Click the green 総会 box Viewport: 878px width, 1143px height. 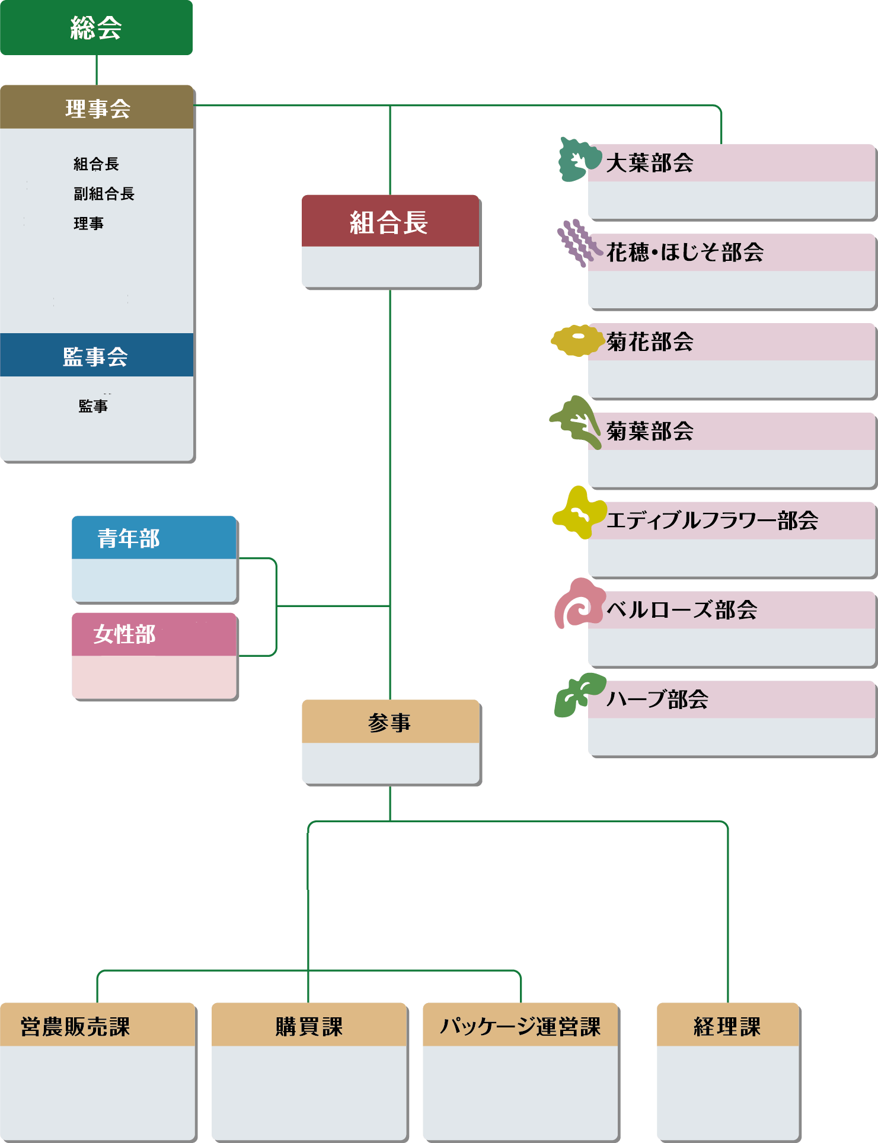pyautogui.click(x=96, y=27)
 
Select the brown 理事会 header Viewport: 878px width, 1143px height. pyautogui.click(x=97, y=108)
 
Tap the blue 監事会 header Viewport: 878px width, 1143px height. pyautogui.click(x=96, y=356)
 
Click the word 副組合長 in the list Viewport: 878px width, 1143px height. pyautogui.click(x=104, y=194)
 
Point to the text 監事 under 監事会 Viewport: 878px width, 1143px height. pyautogui.click(x=93, y=406)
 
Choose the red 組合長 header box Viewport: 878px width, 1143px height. pyautogui.click(x=389, y=222)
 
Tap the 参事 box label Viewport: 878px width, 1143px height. pyautogui.click(x=389, y=722)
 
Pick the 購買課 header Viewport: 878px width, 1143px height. pyautogui.click(x=309, y=1026)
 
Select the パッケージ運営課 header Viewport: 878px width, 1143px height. pyautogui.click(x=521, y=1026)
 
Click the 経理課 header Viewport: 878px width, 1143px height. pyautogui.click(x=727, y=1026)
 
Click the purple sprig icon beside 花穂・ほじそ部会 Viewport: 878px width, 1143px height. pyautogui.click(x=576, y=243)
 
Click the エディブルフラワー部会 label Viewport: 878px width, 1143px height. pyautogui.click(x=712, y=521)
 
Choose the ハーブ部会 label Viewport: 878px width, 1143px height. pyautogui.click(x=657, y=700)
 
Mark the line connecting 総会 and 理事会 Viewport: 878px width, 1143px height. pyautogui.click(x=97, y=70)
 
